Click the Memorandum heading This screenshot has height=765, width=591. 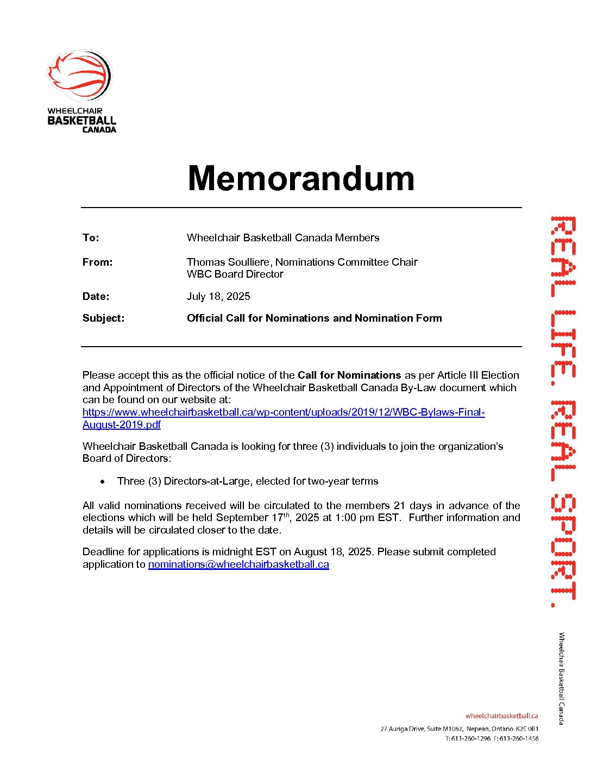click(x=301, y=178)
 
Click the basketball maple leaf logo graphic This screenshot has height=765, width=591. click(x=80, y=76)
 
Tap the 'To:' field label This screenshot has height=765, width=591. click(x=91, y=238)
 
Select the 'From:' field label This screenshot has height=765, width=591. click(x=98, y=262)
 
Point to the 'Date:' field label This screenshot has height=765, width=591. click(x=96, y=297)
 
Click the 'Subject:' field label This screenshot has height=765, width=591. click(x=103, y=318)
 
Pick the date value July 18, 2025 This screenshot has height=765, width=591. click(x=218, y=297)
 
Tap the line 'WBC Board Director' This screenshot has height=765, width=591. click(x=235, y=274)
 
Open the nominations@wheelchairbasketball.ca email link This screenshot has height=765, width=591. click(x=238, y=565)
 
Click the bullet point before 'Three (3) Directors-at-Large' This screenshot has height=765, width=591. click(x=103, y=481)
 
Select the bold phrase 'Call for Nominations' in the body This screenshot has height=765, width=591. click(x=349, y=375)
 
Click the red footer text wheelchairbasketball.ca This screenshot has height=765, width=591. click(x=501, y=716)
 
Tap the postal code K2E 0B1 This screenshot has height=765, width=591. click(x=527, y=729)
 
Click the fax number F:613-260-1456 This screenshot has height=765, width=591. click(x=516, y=739)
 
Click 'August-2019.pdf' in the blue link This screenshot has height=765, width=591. click(x=122, y=425)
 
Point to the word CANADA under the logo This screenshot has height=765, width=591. click(x=99, y=130)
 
